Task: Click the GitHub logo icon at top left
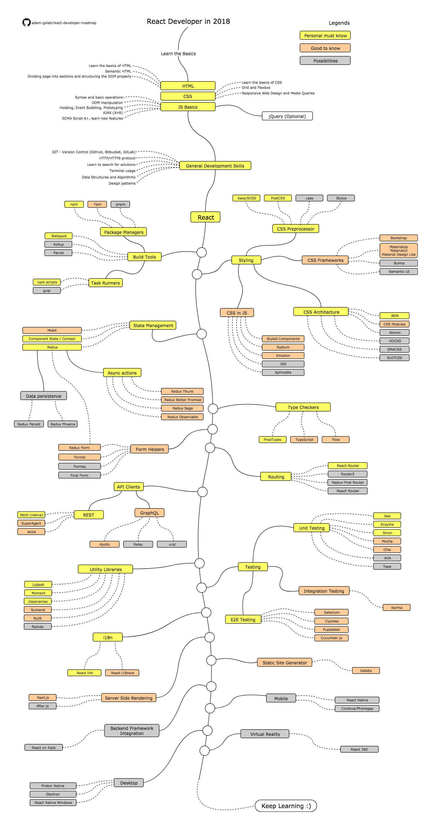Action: pyautogui.click(x=26, y=22)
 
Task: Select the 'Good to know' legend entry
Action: pyautogui.click(x=325, y=48)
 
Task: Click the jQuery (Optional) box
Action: pyautogui.click(x=287, y=116)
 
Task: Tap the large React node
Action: pyautogui.click(x=205, y=217)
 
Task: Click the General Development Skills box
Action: pyautogui.click(x=215, y=166)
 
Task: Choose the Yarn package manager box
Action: pyautogui.click(x=97, y=204)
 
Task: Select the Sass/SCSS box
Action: pyautogui.click(x=246, y=198)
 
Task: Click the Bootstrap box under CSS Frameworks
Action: pyautogui.click(x=398, y=238)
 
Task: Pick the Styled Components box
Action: pyautogui.click(x=283, y=339)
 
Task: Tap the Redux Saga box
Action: pyautogui.click(x=182, y=408)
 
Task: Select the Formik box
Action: pyautogui.click(x=80, y=457)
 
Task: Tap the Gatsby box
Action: pyautogui.click(x=366, y=671)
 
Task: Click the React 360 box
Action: pyautogui.click(x=359, y=749)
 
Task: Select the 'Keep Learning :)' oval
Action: pyautogui.click(x=286, y=806)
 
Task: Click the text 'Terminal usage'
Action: pyautogui.click(x=122, y=171)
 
